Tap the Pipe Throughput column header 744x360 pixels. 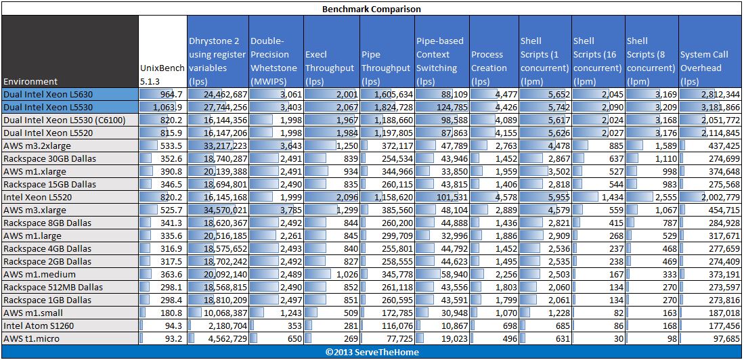[386, 61]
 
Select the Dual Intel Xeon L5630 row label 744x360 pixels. [48, 94]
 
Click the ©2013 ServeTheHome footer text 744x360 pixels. [372, 352]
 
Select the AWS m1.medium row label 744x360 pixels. [39, 274]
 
